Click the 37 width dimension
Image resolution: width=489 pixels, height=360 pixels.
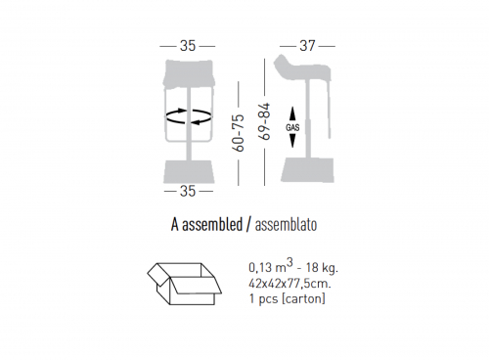click(307, 46)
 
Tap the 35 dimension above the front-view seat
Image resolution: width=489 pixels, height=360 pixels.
click(188, 46)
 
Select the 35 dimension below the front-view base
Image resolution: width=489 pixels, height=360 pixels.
click(188, 191)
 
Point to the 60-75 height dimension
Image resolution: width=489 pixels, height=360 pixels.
click(239, 133)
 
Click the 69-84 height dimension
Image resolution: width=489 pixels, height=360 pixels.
click(265, 121)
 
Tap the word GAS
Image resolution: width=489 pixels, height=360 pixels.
click(292, 127)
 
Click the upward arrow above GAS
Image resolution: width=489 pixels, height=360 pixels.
click(292, 114)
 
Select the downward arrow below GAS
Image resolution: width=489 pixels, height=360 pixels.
click(292, 140)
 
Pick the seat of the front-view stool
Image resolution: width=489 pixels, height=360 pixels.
click(189, 74)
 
